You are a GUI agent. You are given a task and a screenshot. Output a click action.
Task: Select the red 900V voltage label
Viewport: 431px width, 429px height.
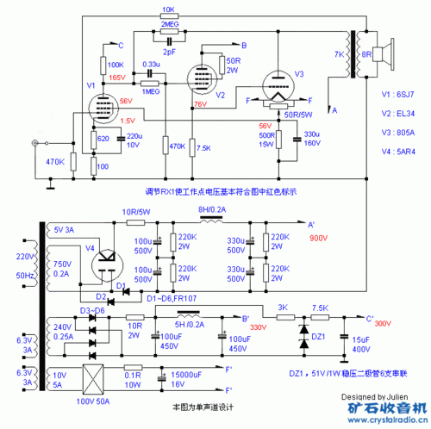point(320,238)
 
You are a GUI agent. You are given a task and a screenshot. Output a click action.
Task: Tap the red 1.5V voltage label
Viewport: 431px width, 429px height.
point(127,121)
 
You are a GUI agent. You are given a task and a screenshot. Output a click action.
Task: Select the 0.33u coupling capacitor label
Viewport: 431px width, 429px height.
point(150,65)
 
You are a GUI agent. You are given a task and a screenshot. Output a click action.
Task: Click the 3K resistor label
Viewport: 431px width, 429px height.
point(281,308)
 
